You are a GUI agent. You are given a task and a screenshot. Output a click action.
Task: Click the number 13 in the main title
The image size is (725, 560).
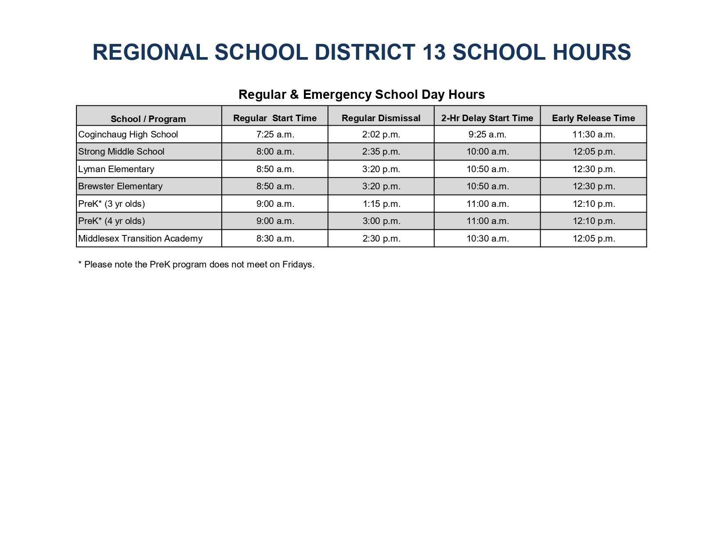[434, 52]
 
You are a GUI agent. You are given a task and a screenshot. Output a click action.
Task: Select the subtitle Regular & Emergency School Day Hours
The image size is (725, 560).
[361, 94]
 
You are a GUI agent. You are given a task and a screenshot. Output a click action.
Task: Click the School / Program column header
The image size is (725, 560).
[148, 119]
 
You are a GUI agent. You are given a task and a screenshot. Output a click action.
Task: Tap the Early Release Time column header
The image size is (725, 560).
[593, 118]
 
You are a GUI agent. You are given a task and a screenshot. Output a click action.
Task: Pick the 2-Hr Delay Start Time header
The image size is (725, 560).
[487, 118]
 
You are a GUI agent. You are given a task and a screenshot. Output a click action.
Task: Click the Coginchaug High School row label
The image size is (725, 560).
[128, 134]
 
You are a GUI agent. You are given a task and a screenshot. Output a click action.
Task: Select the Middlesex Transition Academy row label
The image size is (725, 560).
[140, 238]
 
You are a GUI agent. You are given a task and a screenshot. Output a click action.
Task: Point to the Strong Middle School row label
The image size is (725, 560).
[121, 152]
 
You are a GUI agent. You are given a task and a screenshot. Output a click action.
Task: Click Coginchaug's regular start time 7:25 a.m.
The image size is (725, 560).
[275, 134]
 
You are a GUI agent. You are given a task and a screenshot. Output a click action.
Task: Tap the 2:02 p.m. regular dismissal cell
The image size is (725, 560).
[381, 134]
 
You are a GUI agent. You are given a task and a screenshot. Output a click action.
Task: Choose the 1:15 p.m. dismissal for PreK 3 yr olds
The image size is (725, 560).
[381, 204]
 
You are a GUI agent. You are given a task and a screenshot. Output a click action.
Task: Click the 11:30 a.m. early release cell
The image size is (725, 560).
[594, 134]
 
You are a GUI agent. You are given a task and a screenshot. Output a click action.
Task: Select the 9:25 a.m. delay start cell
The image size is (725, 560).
[487, 134]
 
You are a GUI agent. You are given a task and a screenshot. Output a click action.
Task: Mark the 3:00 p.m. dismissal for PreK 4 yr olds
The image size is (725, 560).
[381, 221]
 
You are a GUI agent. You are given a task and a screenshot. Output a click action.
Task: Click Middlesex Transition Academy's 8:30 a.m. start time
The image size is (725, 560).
[275, 238]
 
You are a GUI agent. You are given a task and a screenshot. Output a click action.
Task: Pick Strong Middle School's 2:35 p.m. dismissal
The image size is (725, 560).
[381, 152]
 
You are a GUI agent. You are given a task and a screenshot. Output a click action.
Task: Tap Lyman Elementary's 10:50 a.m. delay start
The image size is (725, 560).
[487, 169]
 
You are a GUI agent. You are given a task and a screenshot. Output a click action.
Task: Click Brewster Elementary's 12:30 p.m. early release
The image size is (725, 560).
[594, 186]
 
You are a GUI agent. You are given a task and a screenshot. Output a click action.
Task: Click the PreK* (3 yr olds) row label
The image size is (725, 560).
[112, 204]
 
